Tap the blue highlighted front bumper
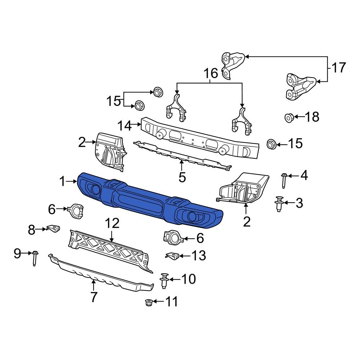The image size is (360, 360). [x=151, y=202]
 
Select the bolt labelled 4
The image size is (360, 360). [x=284, y=180]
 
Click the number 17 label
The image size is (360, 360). [x=338, y=68]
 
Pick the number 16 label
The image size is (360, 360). [x=211, y=73]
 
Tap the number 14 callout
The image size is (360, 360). [x=125, y=126]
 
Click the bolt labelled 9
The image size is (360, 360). [x=35, y=258]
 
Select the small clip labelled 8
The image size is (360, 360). [x=53, y=229]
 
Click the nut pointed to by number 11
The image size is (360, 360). [x=148, y=302]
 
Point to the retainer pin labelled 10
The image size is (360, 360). [x=165, y=280]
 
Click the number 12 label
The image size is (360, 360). [x=112, y=224]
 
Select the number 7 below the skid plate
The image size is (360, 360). [x=94, y=297]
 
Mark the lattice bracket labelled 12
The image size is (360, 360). [x=110, y=248]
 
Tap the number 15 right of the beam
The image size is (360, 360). [x=295, y=144]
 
